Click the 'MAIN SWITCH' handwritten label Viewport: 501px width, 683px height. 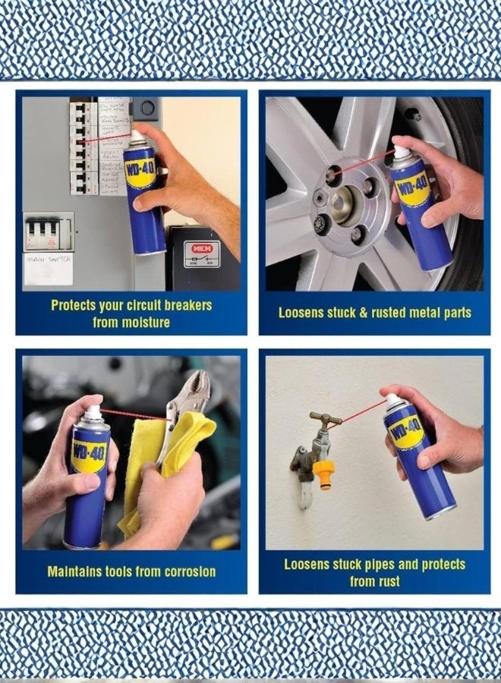(48, 260)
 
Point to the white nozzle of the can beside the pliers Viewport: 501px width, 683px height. (92, 412)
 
